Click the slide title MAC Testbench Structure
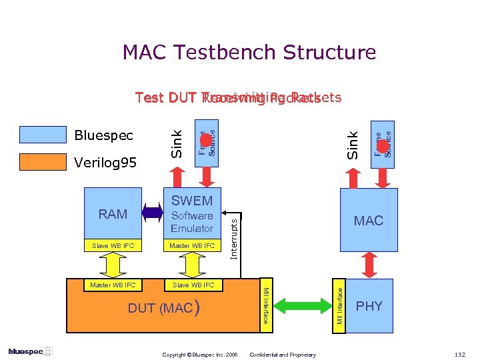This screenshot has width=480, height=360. click(249, 52)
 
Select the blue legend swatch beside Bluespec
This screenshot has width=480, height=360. click(43, 135)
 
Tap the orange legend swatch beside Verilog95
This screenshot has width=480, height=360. click(43, 162)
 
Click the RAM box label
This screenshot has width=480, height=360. click(113, 214)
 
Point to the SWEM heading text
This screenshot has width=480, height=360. click(192, 201)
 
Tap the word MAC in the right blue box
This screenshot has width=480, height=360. click(369, 221)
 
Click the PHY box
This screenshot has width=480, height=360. click(369, 306)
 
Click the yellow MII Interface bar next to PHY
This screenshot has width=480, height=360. click(340, 307)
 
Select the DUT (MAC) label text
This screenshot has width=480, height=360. click(163, 309)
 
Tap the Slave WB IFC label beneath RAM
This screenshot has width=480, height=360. click(113, 246)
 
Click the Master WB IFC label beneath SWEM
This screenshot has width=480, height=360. click(192, 246)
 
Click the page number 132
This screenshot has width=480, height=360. click(459, 353)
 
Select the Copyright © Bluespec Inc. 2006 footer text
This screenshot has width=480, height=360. click(200, 354)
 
